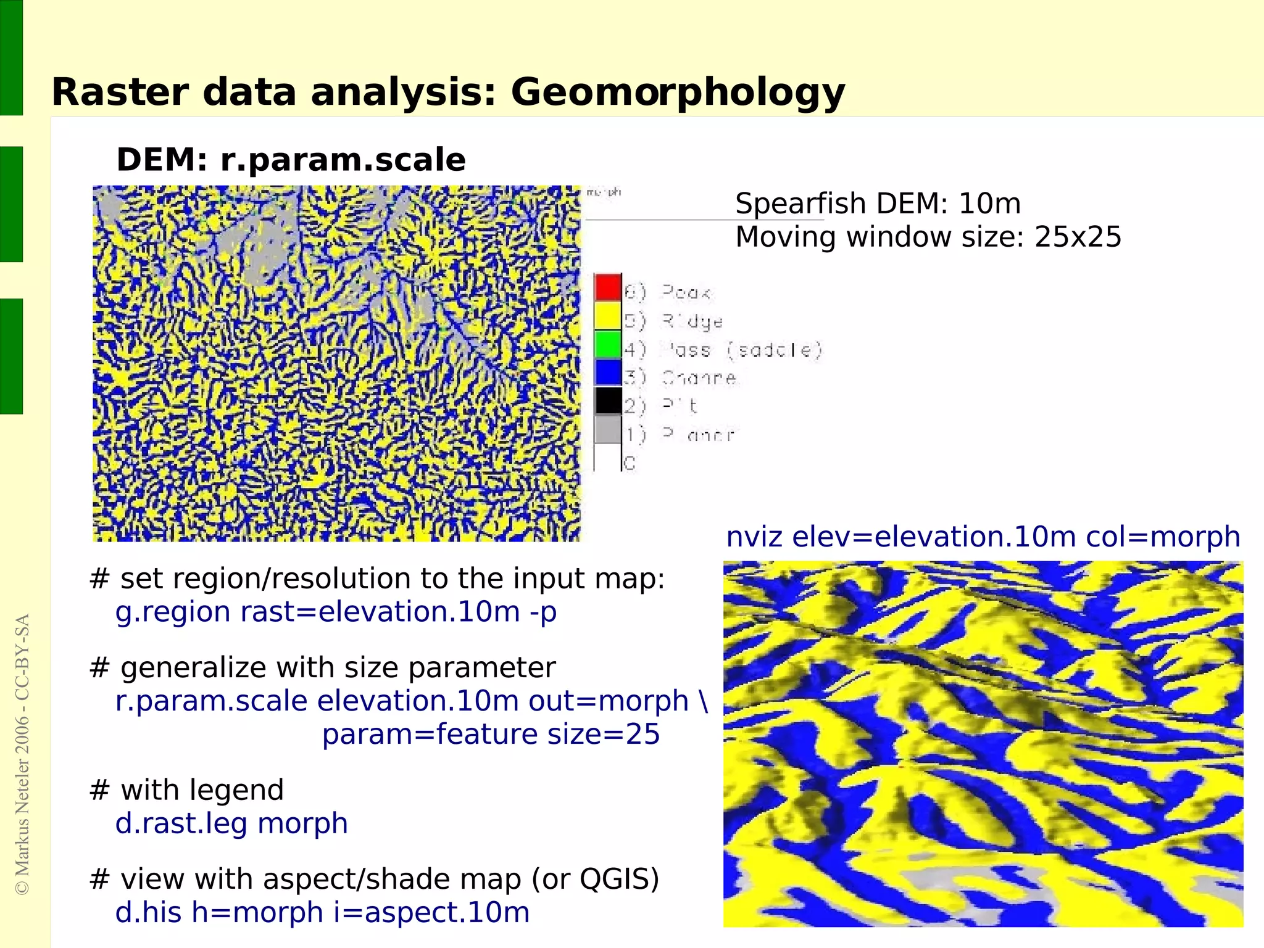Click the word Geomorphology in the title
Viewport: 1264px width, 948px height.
coord(677,93)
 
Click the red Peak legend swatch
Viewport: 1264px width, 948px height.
coord(607,287)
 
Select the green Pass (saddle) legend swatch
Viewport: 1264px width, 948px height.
coord(607,344)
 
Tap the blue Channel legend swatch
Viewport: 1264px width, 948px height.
coord(607,373)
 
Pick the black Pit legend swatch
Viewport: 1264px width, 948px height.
coord(607,401)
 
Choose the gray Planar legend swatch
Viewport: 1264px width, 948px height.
coord(607,429)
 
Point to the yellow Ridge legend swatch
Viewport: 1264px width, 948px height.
coord(607,316)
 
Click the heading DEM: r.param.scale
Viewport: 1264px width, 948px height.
coord(291,160)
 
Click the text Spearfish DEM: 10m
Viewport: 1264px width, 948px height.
coord(878,204)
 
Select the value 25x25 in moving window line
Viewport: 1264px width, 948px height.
coord(1078,237)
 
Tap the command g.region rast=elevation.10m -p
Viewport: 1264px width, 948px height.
coord(336,612)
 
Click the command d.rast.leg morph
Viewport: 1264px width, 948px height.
coord(231,824)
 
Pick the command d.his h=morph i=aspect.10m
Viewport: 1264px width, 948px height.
coord(322,913)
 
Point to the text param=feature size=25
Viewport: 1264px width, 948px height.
coord(491,735)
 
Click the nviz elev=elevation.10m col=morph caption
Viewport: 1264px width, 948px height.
coord(983,537)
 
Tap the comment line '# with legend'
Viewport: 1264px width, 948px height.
coord(186,790)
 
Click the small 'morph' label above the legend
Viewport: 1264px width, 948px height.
coord(604,192)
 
